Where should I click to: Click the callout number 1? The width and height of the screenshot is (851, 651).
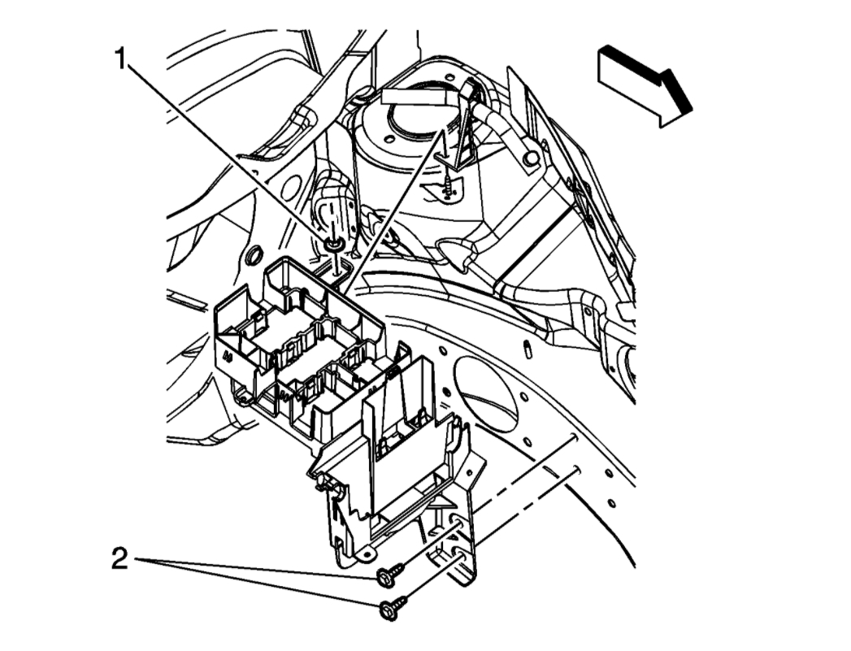(x=122, y=59)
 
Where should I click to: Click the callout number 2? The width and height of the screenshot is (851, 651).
(x=119, y=559)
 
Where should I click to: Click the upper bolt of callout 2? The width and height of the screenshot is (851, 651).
(x=388, y=576)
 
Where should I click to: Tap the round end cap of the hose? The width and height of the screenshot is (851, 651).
(x=531, y=158)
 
